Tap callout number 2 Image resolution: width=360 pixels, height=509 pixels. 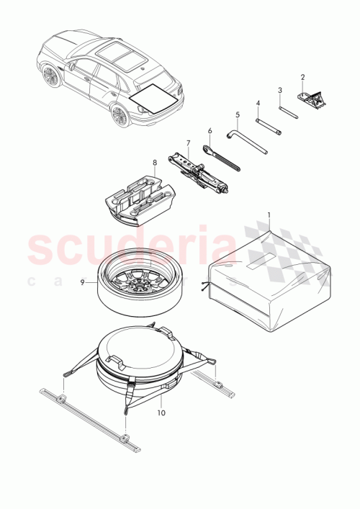pyautogui.click(x=303, y=77)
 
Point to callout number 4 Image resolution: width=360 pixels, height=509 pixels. pyautogui.click(x=257, y=103)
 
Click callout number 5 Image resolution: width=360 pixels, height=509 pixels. pyautogui.click(x=236, y=114)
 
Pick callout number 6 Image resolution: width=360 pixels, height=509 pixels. pyautogui.click(x=210, y=131)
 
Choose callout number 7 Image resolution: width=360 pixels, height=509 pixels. pyautogui.click(x=188, y=143)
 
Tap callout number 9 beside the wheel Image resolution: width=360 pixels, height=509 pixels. pyautogui.click(x=84, y=283)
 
